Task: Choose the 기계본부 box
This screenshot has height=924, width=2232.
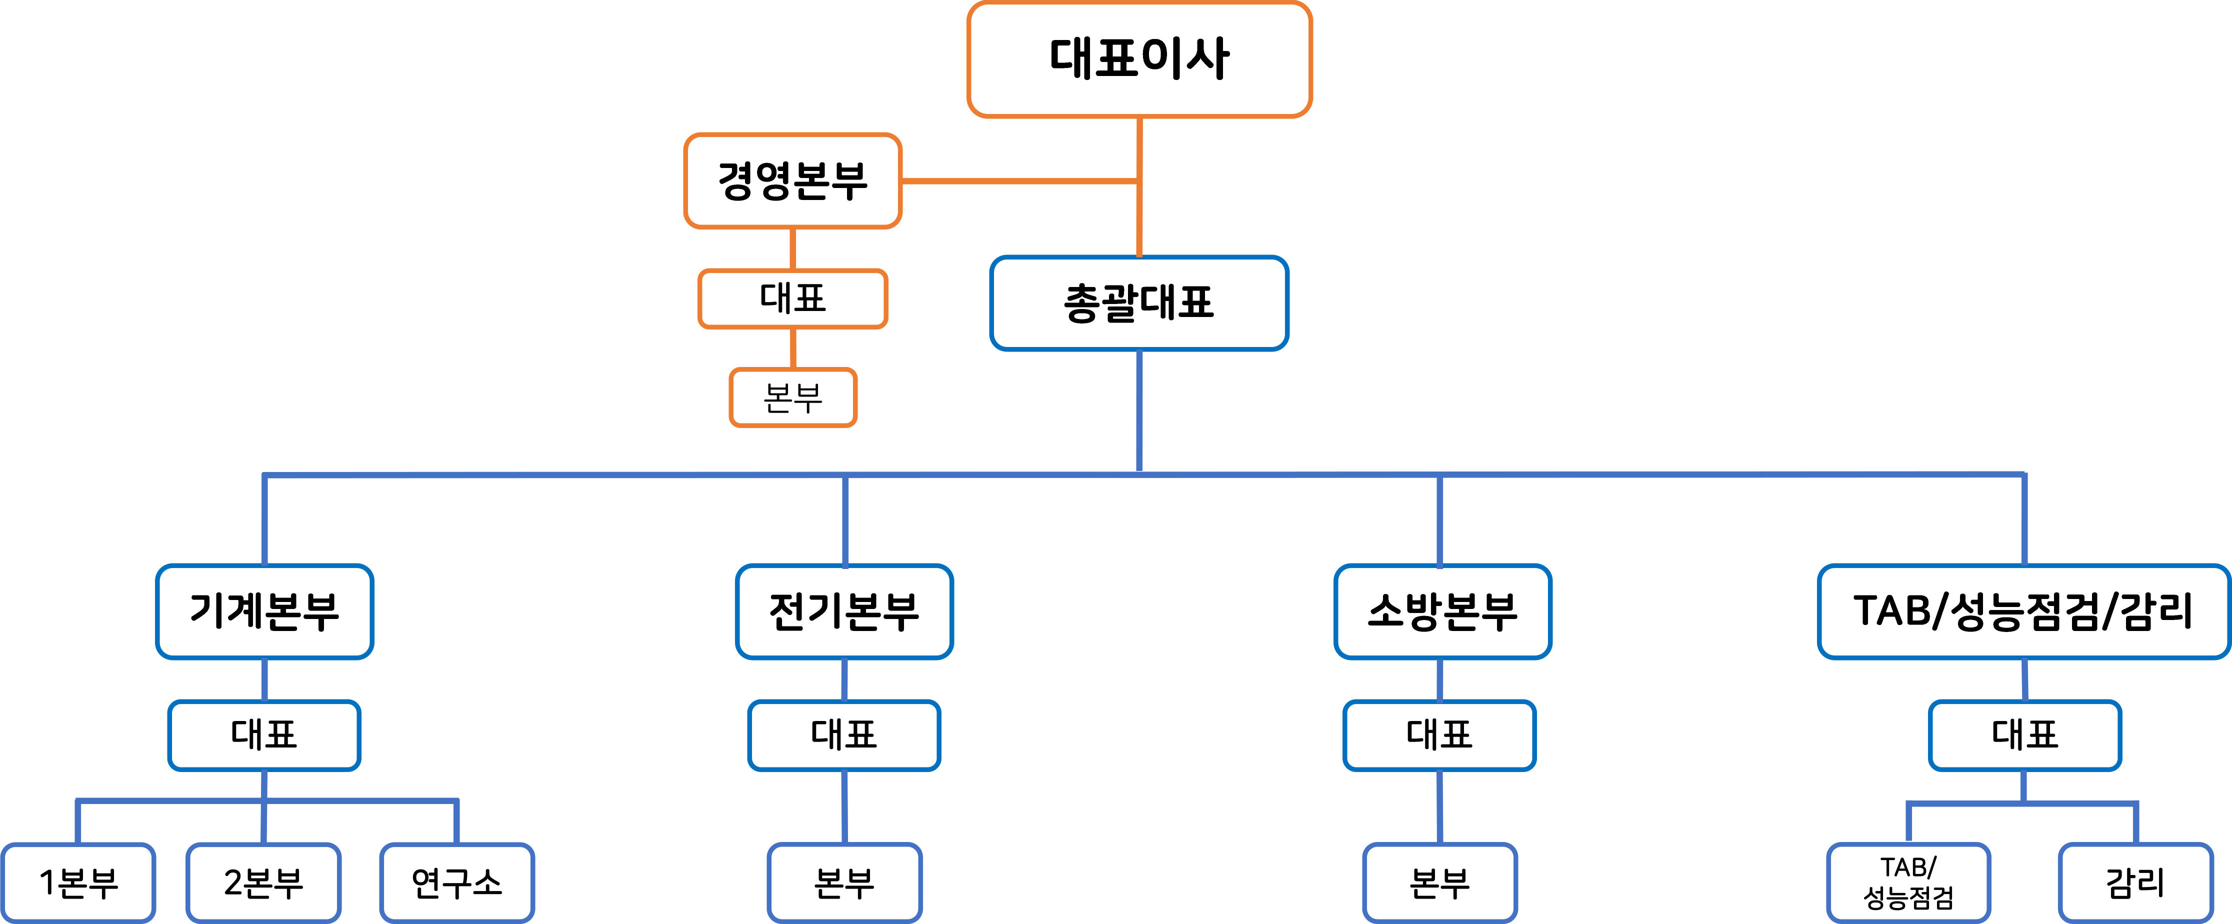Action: coord(264,611)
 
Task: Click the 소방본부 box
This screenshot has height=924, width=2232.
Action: coord(1442,611)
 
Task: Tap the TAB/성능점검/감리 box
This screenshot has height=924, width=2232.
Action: coord(2022,611)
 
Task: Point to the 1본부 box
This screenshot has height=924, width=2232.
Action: coord(78,882)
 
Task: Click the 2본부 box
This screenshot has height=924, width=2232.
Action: coord(263,882)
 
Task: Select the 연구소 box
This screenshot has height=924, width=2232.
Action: coord(456,882)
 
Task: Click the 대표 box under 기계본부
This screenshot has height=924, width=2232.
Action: coord(264,735)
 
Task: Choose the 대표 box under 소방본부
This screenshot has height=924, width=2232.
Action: coord(1439,735)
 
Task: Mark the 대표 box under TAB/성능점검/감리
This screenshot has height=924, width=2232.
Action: coord(2024,735)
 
